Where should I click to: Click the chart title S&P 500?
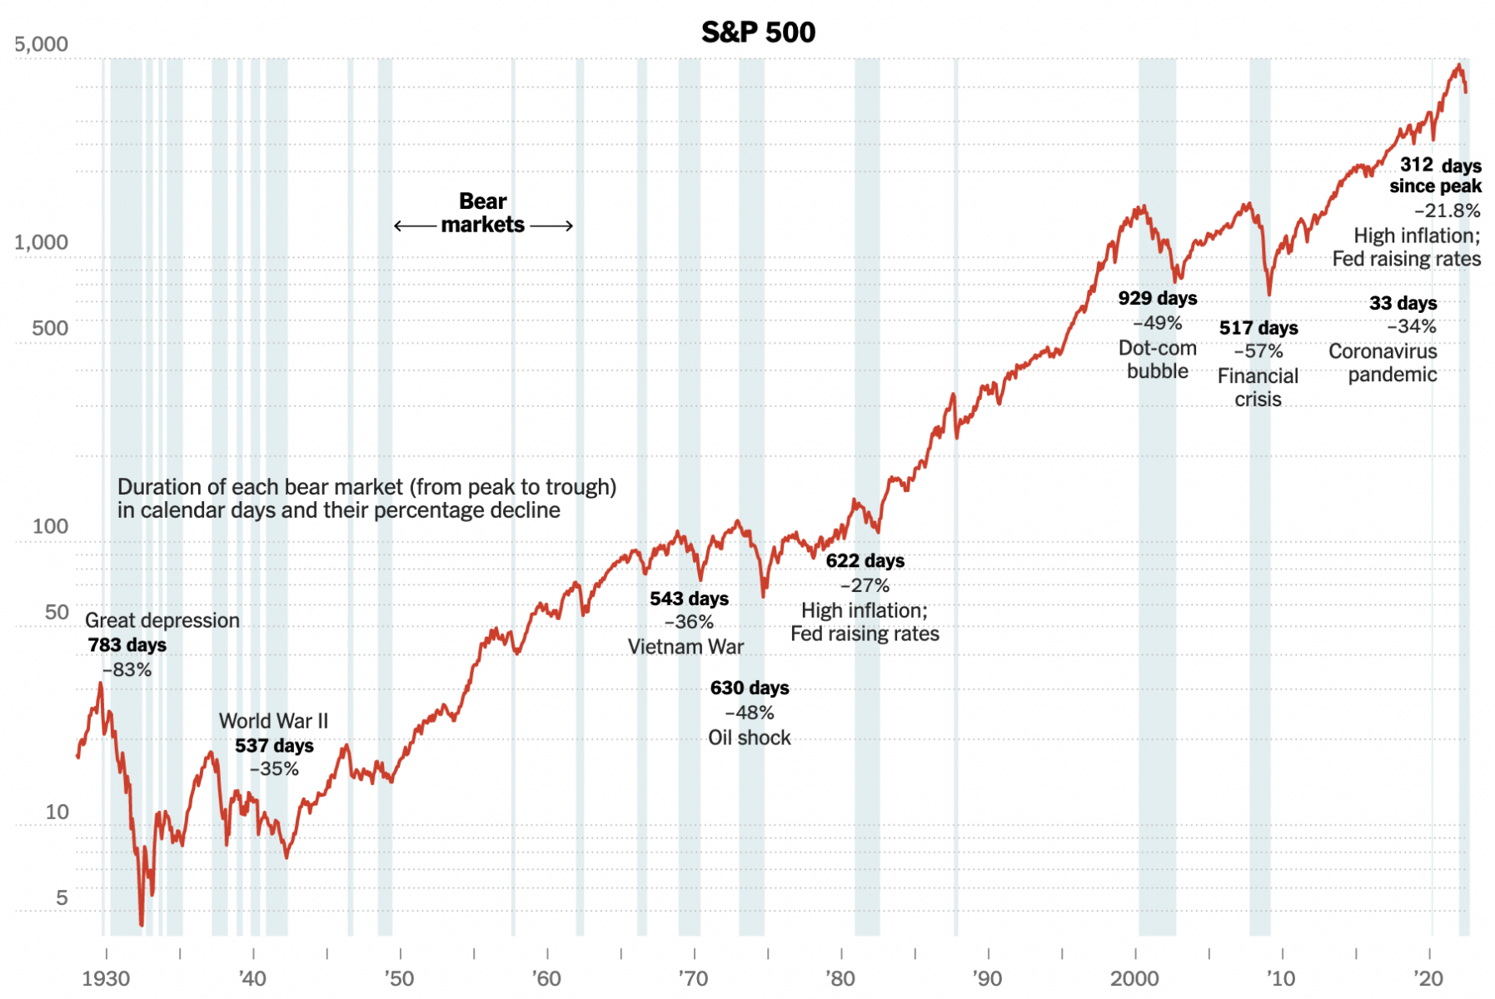click(x=758, y=32)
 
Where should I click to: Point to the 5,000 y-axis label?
click(x=42, y=44)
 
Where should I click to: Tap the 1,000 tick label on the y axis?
click(x=42, y=242)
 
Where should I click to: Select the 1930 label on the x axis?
click(x=106, y=978)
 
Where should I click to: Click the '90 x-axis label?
click(x=987, y=978)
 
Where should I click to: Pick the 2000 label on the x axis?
click(x=1134, y=978)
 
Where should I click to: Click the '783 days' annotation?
click(x=127, y=645)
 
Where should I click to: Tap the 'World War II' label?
click(x=273, y=721)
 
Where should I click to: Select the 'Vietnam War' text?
click(x=685, y=647)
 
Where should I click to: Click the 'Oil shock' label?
click(x=750, y=738)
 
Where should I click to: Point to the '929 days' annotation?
click(x=1158, y=299)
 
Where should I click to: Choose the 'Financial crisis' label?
click(x=1258, y=388)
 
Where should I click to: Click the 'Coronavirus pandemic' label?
click(x=1383, y=363)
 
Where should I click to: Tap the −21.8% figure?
click(x=1448, y=211)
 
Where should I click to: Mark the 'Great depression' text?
click(x=162, y=620)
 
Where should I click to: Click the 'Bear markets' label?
click(x=483, y=213)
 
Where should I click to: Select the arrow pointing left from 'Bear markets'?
click(x=415, y=226)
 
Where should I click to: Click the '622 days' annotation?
click(x=865, y=561)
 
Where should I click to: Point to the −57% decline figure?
click(x=1258, y=351)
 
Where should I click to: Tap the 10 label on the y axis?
click(x=57, y=812)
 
